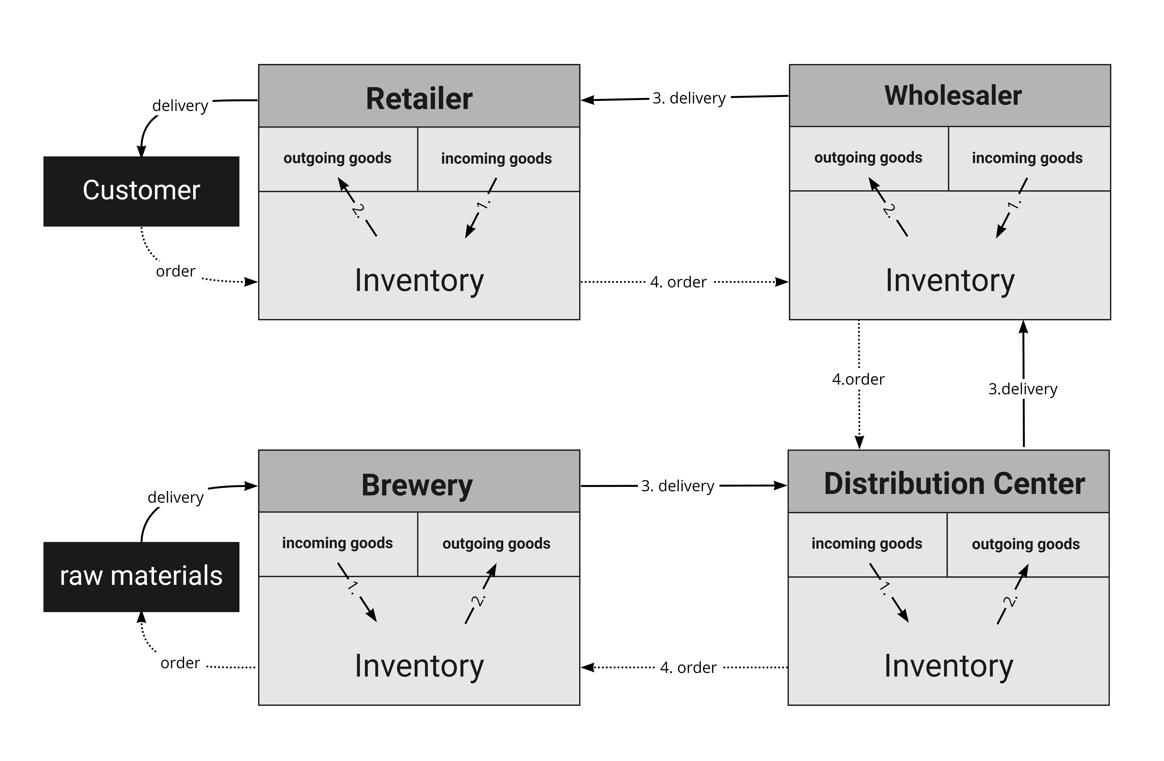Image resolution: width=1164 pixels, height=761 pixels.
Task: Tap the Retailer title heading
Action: pos(419,99)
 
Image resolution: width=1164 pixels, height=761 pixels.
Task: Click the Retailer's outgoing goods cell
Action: pos(338,159)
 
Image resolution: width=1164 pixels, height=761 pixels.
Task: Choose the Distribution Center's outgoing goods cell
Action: pos(1028,545)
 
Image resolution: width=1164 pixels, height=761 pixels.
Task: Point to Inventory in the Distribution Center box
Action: pos(949,666)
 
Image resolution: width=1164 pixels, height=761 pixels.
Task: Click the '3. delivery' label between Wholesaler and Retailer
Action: pos(689,98)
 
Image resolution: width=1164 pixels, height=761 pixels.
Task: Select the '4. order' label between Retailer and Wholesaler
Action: pos(678,282)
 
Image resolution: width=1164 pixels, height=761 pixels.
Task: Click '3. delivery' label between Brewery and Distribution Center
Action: pos(678,486)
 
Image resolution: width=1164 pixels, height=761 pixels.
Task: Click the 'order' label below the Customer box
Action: pos(176,271)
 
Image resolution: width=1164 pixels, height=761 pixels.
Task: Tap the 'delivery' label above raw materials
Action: pos(176,497)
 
